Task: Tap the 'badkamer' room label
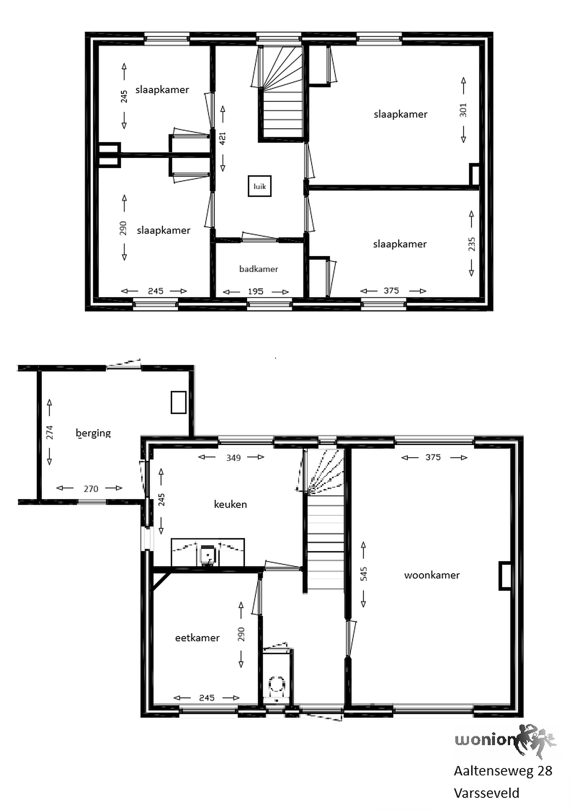259,269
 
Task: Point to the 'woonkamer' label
432,575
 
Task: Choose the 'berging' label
93,433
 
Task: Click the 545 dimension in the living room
364,574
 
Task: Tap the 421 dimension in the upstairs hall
223,138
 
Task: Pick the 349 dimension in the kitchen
233,458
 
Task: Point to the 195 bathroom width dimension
255,291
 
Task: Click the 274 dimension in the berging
50,433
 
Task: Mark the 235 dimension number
471,244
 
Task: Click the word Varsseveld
486,793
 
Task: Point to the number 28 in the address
544,771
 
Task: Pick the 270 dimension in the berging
91,489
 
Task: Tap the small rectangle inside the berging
178,402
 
